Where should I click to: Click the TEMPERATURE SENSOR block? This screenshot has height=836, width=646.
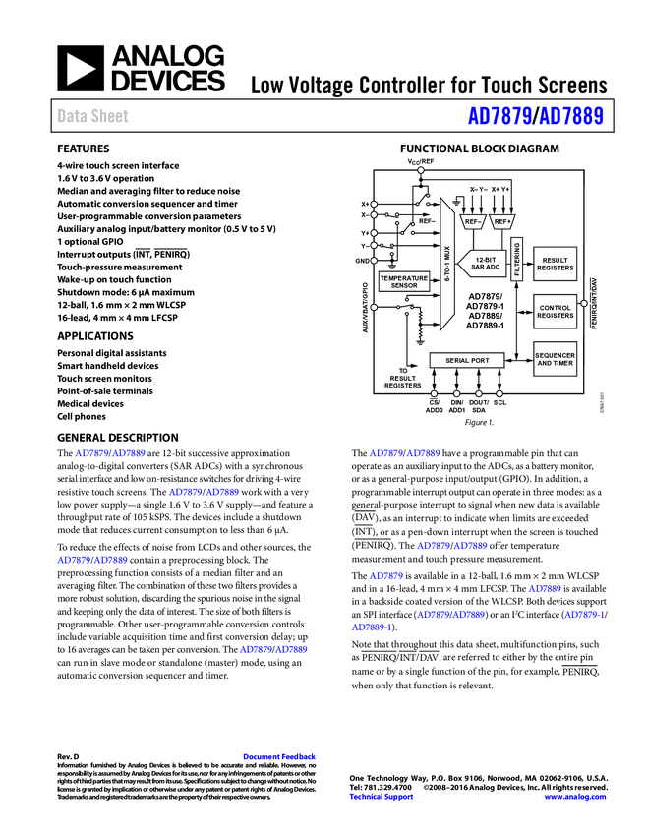(404, 282)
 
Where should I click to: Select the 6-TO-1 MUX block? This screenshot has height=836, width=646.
(447, 265)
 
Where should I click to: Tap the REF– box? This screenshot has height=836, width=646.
(473, 222)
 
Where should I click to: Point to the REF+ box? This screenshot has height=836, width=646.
(501, 222)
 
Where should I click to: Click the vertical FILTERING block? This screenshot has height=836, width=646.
(517, 259)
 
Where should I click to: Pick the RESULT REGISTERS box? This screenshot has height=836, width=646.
(556, 264)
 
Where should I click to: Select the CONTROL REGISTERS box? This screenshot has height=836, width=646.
(556, 312)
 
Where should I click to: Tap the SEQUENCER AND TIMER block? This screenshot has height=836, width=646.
(556, 359)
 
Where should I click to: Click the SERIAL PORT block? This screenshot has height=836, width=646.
(467, 361)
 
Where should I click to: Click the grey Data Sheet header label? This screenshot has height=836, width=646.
(93, 116)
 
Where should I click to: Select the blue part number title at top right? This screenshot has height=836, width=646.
(535, 117)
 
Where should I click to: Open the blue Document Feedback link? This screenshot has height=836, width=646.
(280, 757)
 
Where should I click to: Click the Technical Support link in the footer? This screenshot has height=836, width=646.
(382, 797)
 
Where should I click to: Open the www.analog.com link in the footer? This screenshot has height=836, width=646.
(575, 797)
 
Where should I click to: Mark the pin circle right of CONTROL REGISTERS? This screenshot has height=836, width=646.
(584, 304)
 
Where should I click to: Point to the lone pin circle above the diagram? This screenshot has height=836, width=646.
(421, 170)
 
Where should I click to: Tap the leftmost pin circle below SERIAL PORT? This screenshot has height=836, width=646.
(434, 394)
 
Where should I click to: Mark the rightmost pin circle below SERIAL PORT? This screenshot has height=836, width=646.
(499, 394)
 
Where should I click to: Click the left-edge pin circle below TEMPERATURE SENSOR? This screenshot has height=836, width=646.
(374, 307)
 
